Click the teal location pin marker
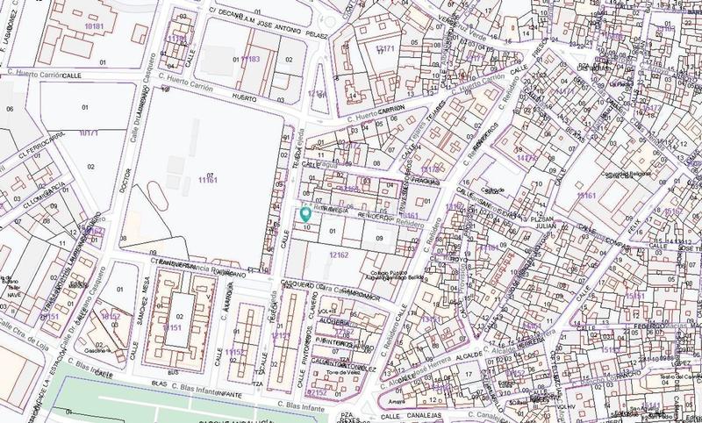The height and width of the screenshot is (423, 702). coord(305,213)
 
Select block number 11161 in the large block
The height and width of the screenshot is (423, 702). coord(206,180)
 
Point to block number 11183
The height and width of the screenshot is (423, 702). coord(249,59)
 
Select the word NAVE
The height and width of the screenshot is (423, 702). coord(15,296)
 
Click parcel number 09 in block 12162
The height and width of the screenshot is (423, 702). coord(380,237)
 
